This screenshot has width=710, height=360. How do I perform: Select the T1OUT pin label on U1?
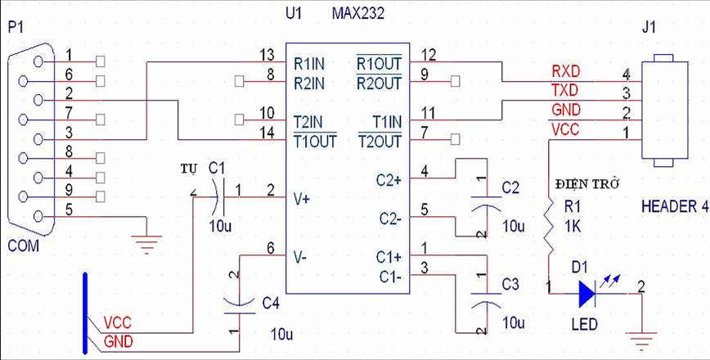click(314, 140)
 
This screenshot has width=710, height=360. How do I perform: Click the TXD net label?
click(566, 90)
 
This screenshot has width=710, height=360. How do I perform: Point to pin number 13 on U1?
click(266, 55)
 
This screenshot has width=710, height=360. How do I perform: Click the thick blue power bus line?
click(85, 311)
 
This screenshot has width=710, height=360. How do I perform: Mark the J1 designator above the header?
click(649, 27)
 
